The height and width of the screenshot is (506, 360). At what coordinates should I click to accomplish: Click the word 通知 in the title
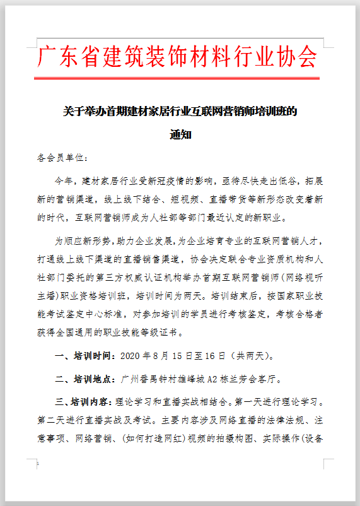coord(180,134)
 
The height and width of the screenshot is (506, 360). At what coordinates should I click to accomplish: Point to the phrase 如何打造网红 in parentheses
coord(133,437)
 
